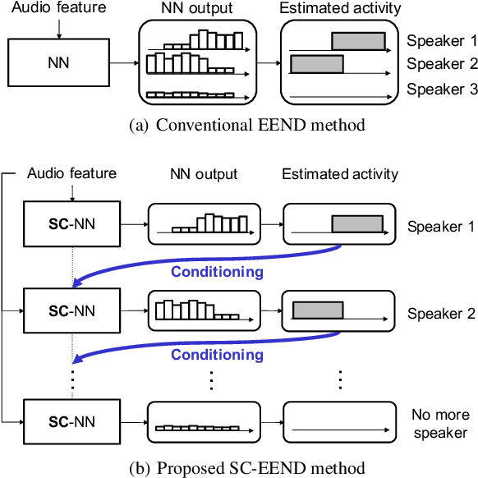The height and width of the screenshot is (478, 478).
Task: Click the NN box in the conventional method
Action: coord(57,62)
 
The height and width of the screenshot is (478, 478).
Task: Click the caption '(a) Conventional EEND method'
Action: coord(238,126)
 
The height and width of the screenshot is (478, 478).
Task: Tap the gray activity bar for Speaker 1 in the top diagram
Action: coord(357,41)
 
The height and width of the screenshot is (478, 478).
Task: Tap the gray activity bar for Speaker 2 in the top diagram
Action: coord(316,63)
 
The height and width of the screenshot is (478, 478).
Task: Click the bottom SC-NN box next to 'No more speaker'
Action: coord(72,422)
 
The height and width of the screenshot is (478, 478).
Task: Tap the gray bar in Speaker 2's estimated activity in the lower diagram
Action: coord(318,310)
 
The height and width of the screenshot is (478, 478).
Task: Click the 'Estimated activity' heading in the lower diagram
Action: coord(340,173)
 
